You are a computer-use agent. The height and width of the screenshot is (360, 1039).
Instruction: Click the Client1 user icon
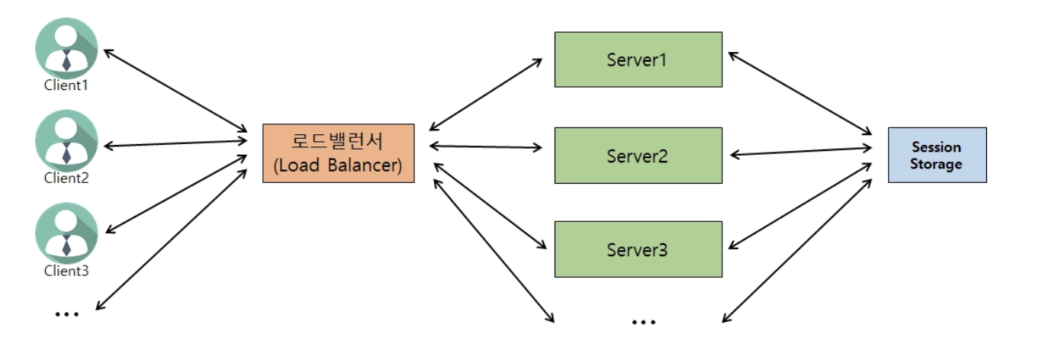tap(66, 48)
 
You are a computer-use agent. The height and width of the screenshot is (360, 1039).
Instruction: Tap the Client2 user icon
tap(66, 140)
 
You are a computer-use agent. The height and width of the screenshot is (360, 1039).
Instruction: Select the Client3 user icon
tap(66, 233)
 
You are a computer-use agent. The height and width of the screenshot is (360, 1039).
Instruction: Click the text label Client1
tap(66, 85)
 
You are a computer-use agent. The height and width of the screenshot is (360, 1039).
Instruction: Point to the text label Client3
tap(66, 271)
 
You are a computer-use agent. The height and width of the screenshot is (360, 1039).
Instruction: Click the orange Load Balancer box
tap(339, 153)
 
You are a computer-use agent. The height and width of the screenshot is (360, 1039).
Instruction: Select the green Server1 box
tap(639, 59)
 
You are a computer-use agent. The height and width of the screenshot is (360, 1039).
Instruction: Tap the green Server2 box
tap(639, 156)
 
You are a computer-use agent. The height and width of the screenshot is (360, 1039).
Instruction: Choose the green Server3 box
tap(639, 249)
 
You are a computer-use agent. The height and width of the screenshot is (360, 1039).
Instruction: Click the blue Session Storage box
tap(938, 155)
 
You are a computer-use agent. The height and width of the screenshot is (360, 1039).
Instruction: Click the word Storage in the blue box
tap(936, 164)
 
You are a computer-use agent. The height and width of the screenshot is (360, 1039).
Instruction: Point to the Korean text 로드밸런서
tap(337, 141)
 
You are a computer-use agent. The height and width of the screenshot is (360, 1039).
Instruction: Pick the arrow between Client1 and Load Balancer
tap(175, 91)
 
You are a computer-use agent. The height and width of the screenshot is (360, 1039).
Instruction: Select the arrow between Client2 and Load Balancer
tap(175, 143)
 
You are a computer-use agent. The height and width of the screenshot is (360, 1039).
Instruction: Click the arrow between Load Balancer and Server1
tap(486, 94)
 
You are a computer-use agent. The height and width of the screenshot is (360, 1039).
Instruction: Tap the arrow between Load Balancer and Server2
tap(486, 147)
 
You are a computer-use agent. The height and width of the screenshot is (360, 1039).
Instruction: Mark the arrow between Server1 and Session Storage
tap(800, 93)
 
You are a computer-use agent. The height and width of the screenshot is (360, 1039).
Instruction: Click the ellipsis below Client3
tap(67, 314)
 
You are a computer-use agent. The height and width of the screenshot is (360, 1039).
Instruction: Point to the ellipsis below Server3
tap(644, 322)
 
